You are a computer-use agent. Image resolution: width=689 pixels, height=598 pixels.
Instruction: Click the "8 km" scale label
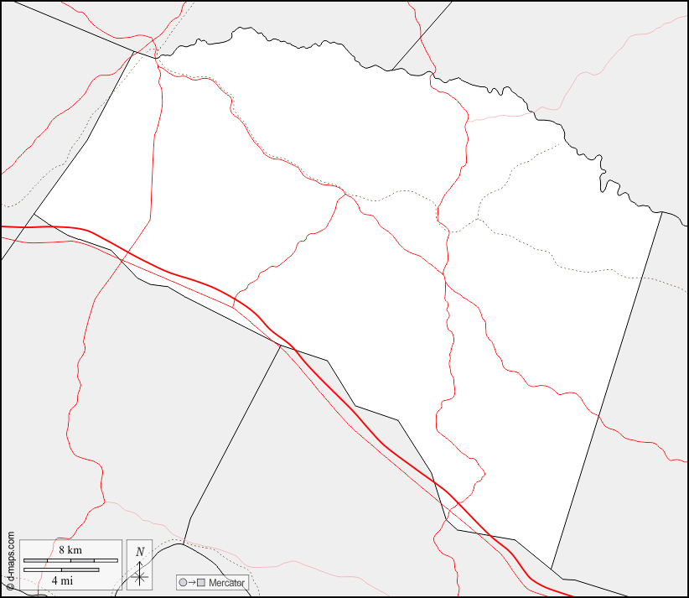click(70, 549)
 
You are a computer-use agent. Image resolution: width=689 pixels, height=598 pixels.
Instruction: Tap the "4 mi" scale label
click(61, 580)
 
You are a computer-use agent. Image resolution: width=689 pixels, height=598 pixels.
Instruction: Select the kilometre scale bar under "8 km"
click(70, 559)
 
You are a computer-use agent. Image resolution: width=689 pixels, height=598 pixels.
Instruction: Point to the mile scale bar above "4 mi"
click(61, 569)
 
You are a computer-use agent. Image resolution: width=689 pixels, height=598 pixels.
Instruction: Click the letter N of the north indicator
click(140, 552)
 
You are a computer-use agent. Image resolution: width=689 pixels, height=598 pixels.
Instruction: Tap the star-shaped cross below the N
click(140, 575)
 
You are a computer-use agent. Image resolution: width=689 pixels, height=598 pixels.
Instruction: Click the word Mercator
click(226, 582)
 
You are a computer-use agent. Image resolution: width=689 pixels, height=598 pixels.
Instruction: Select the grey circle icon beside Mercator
click(183, 582)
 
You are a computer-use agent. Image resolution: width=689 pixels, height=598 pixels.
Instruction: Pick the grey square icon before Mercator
click(200, 582)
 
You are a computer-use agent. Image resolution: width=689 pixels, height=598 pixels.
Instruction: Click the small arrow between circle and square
click(191, 582)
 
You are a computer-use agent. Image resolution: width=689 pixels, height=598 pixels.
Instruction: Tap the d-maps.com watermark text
click(9, 557)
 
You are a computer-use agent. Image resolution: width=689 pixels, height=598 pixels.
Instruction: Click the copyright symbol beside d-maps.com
click(9, 586)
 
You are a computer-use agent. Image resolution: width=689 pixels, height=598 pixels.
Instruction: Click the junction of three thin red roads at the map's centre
click(344, 195)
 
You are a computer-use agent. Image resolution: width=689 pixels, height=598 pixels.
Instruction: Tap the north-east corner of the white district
click(661, 212)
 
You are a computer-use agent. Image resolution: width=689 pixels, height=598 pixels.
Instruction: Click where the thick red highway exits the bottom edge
click(572, 596)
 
